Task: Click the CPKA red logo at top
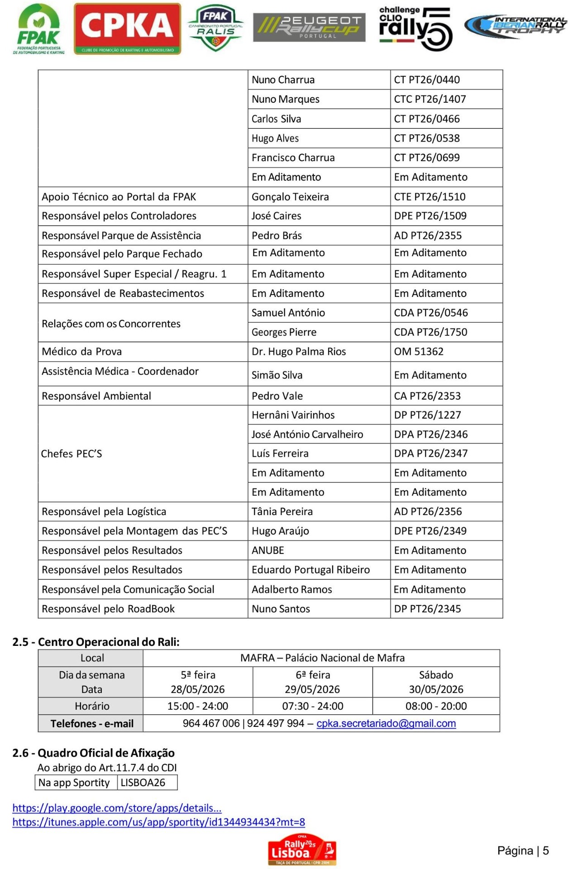pyautogui.click(x=127, y=29)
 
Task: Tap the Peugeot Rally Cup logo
pyautogui.click(x=309, y=28)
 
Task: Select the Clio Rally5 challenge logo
pyautogui.click(x=415, y=29)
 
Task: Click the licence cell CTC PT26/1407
pyautogui.click(x=430, y=99)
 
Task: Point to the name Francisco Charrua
pyautogui.click(x=293, y=158)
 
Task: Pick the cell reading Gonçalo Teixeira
pyautogui.click(x=290, y=197)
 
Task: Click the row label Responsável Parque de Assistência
pyautogui.click(x=121, y=235)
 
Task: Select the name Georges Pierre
pyautogui.click(x=284, y=332)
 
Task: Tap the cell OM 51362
pyautogui.click(x=419, y=352)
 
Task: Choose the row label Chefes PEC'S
pyautogui.click(x=72, y=454)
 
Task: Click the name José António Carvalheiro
pyautogui.click(x=307, y=434)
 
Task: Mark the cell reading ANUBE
pyautogui.click(x=268, y=550)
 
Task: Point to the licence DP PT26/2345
pyautogui.click(x=427, y=609)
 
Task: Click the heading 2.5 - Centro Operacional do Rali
pyautogui.click(x=96, y=642)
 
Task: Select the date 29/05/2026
pyautogui.click(x=312, y=689)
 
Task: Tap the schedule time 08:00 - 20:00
pyautogui.click(x=436, y=706)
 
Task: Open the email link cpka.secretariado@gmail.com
pyautogui.click(x=386, y=723)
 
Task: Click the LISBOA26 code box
pyautogui.click(x=143, y=783)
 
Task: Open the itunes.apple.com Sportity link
pyautogui.click(x=158, y=822)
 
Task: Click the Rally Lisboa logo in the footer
pyautogui.click(x=302, y=850)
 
